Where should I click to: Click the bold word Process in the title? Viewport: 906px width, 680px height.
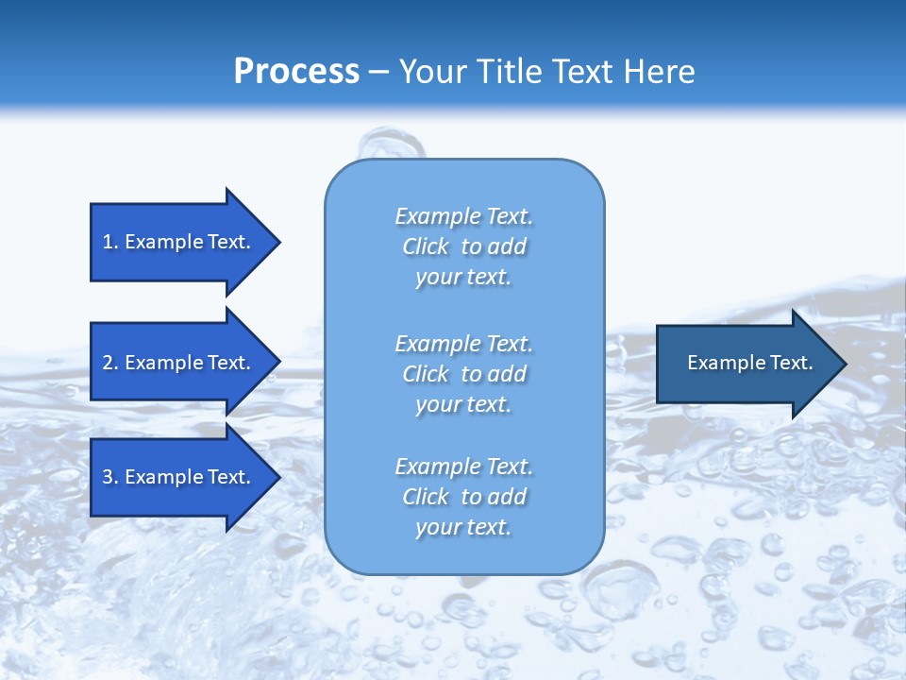[296, 72]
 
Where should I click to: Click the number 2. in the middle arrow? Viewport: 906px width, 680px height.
[109, 363]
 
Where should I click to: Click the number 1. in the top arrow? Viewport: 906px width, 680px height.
[109, 242]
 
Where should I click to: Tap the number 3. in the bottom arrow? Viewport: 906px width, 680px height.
[109, 477]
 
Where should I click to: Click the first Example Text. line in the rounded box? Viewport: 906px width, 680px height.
[463, 216]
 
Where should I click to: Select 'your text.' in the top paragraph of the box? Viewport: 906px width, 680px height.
[463, 277]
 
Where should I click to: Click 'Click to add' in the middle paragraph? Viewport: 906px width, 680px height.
[463, 374]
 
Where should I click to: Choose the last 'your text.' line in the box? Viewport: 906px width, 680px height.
[463, 527]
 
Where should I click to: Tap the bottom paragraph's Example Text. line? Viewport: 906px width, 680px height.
[463, 467]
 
